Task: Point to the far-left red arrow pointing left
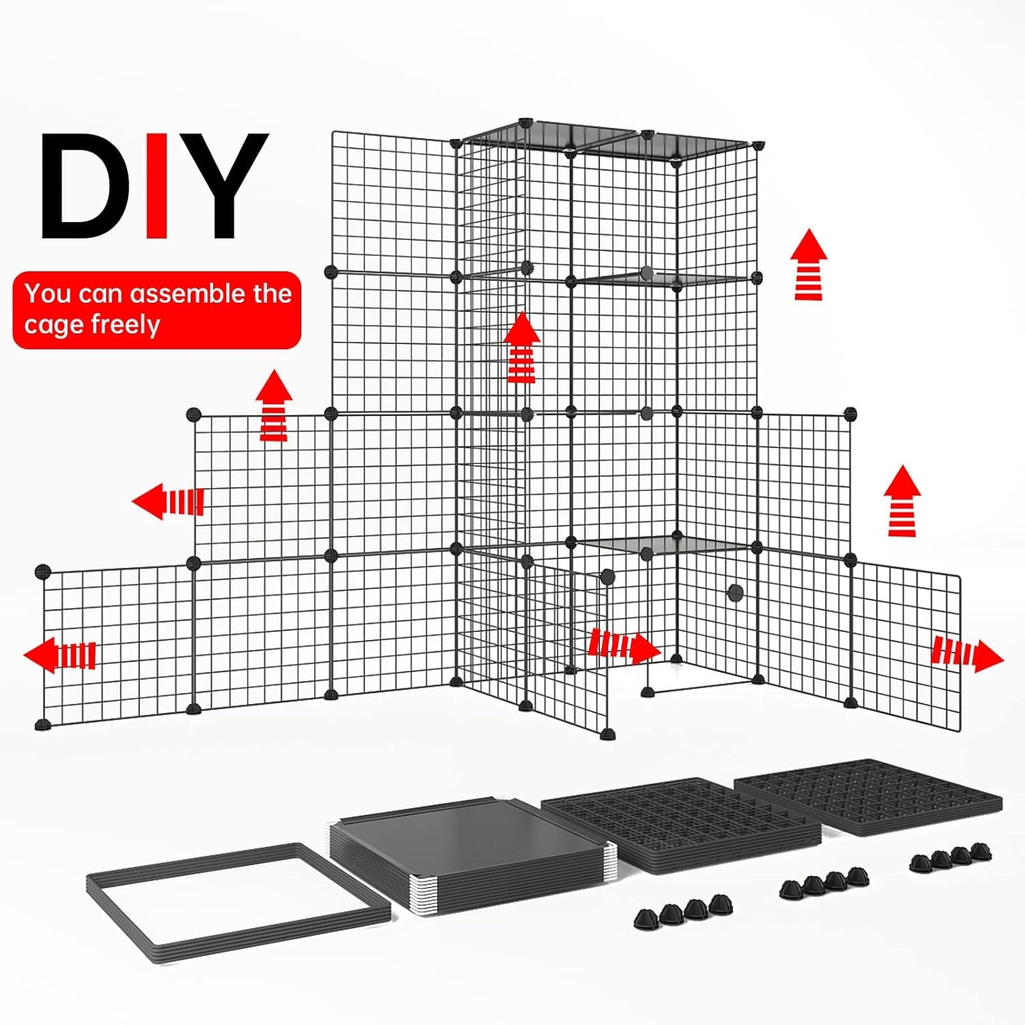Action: pos(60,655)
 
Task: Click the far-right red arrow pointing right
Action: pos(968,655)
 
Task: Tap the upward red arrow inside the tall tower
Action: pos(523,347)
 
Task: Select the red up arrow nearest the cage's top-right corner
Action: pos(809,264)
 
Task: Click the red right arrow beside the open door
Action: pos(625,645)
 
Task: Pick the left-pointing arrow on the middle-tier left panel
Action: pos(168,501)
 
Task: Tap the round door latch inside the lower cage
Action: pos(735,592)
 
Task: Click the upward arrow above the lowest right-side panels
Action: pos(902,501)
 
